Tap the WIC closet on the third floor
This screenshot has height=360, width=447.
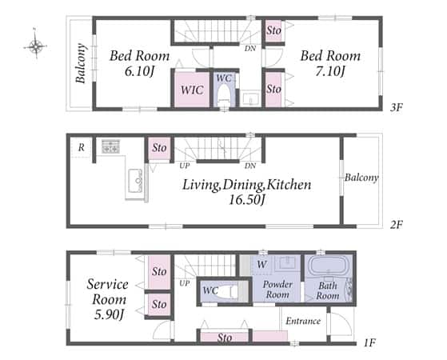click(x=192, y=90)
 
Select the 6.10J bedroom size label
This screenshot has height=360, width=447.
click(x=139, y=71)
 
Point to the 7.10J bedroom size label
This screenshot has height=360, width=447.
click(x=330, y=71)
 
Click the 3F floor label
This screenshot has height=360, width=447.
click(x=397, y=107)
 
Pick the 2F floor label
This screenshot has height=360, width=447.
click(x=397, y=225)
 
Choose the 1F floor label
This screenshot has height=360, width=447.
click(x=369, y=342)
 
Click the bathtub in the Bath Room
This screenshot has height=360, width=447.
click(x=329, y=266)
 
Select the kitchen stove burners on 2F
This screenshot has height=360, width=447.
click(x=110, y=146)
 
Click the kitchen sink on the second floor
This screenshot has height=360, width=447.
click(x=135, y=181)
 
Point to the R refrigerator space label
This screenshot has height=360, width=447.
click(x=82, y=147)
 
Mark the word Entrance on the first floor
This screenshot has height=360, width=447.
click(x=303, y=321)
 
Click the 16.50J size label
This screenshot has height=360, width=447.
click(x=247, y=199)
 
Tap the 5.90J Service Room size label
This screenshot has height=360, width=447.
click(x=110, y=314)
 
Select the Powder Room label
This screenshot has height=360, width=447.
click(x=277, y=290)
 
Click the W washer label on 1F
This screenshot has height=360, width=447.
click(x=261, y=265)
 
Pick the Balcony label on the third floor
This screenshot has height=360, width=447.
click(x=81, y=63)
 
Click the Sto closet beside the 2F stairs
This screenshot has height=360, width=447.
click(x=159, y=148)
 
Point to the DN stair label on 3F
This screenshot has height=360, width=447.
click(x=250, y=49)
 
